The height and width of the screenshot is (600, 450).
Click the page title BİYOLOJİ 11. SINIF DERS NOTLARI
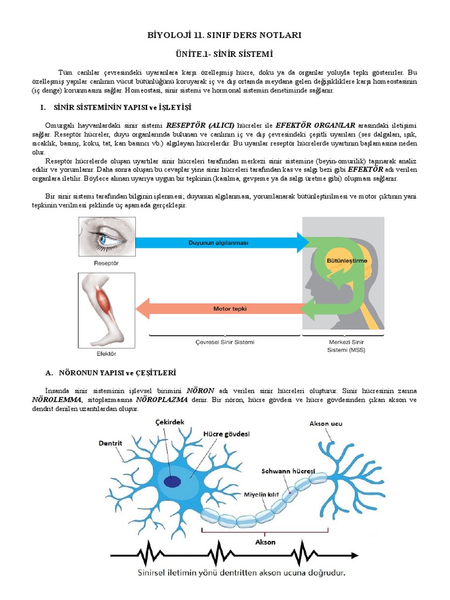[224, 35]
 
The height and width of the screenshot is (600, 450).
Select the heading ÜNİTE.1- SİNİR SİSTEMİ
[224, 54]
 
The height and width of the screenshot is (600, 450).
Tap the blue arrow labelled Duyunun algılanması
[222, 243]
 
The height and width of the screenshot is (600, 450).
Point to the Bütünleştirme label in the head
[347, 261]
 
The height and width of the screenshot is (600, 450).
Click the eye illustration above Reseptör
[107, 237]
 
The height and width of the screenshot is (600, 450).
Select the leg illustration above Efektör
[107, 311]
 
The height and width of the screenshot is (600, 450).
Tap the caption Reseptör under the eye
[107, 263]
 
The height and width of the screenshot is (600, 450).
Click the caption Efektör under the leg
[107, 353]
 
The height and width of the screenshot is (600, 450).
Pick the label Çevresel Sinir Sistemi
[225, 342]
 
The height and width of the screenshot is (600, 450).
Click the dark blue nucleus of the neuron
[172, 482]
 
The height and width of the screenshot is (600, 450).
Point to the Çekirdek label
[170, 422]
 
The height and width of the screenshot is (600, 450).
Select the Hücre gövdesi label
[227, 434]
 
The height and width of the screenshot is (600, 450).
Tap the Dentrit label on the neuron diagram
[110, 443]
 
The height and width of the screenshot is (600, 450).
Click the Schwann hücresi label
[288, 471]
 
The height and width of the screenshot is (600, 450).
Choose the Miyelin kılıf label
[261, 495]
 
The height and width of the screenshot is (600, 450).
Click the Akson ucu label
[326, 424]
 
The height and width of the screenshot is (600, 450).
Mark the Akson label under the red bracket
[265, 542]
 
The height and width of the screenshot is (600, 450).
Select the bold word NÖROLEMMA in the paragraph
[57, 400]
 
